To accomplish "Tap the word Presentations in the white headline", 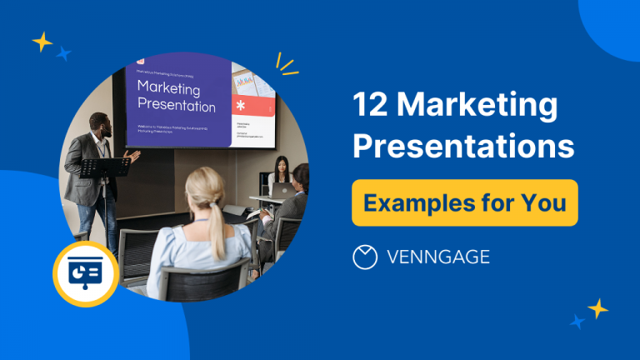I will pyautogui.click(x=463, y=147).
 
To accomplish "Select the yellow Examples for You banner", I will pyautogui.click(x=464, y=202).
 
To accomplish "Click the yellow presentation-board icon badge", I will pyautogui.click(x=85, y=274).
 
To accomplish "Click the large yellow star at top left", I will pyautogui.click(x=42, y=42).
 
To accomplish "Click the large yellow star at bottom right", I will pyautogui.click(x=597, y=307).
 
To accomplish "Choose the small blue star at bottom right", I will pyautogui.click(x=577, y=321).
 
